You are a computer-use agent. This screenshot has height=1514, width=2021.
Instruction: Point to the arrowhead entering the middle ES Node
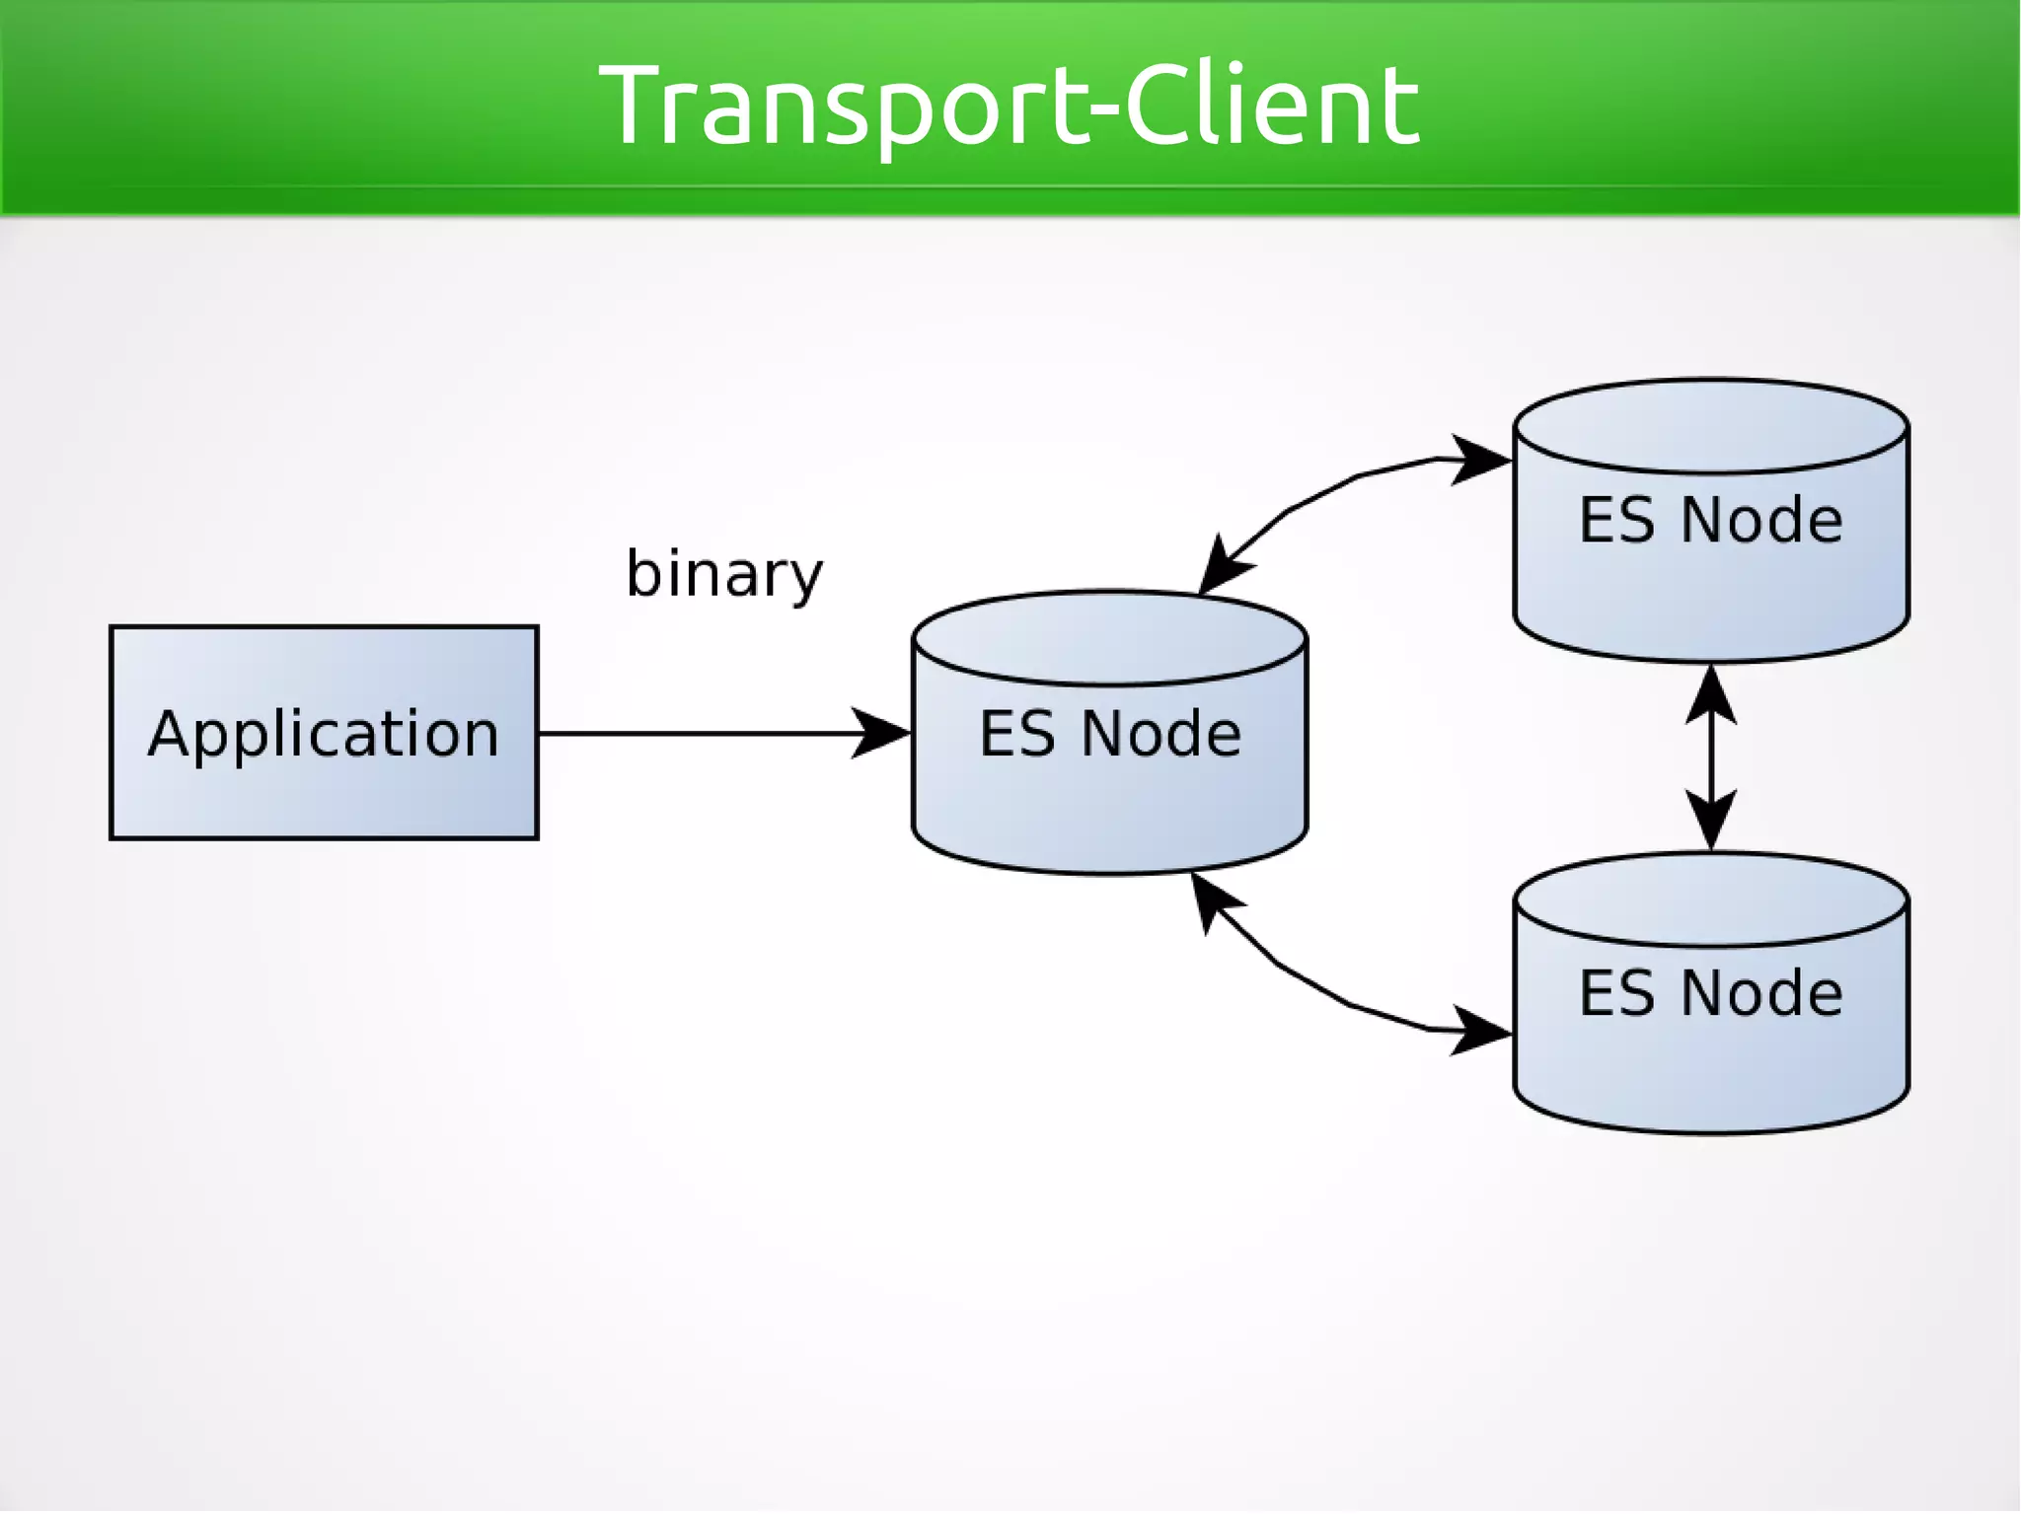(881, 733)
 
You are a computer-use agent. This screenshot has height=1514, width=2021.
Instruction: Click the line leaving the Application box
(691, 733)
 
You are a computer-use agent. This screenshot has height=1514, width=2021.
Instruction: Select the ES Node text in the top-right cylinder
(1710, 520)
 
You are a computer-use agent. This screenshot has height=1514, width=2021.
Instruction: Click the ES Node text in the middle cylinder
(1109, 734)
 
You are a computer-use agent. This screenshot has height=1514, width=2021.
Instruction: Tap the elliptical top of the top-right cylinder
(1710, 426)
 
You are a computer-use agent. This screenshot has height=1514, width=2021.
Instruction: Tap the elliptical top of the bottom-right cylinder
(1710, 900)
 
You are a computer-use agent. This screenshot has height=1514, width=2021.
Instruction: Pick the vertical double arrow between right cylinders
(1710, 757)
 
